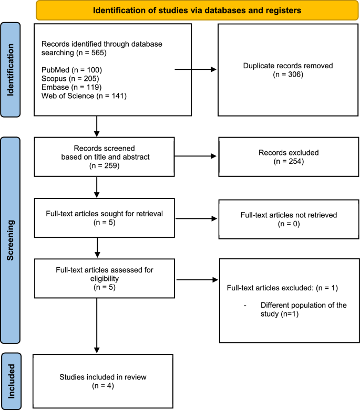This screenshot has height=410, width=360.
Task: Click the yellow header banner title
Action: [x=190, y=10]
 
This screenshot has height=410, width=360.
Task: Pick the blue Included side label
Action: [x=11, y=381]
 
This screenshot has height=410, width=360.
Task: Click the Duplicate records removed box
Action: [x=283, y=69]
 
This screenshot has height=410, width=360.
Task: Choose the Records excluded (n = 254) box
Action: [x=283, y=157]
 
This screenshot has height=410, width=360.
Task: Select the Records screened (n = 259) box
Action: [x=102, y=157]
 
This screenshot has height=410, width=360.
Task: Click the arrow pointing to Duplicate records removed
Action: [x=196, y=69]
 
